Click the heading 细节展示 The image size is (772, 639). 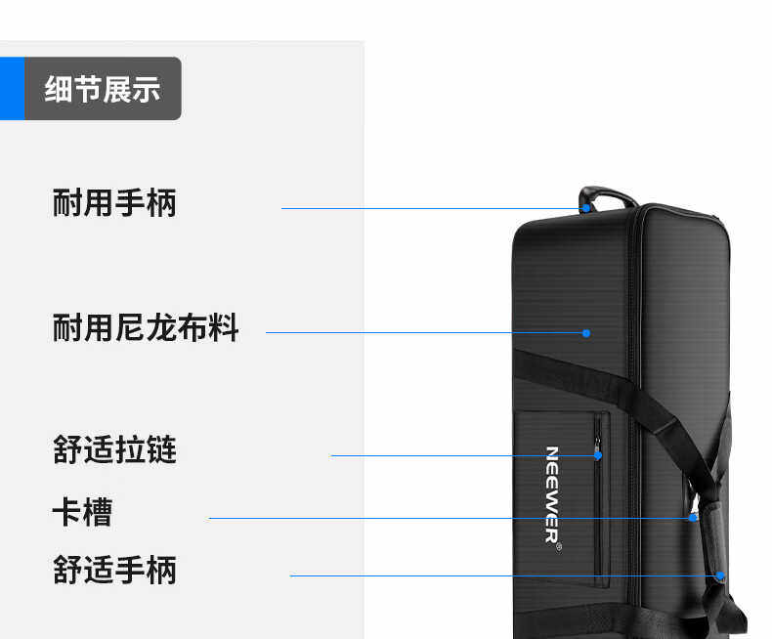point(103,89)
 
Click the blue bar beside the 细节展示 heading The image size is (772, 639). point(12,89)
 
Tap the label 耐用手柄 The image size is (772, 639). point(114,203)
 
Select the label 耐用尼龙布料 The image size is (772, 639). point(146,327)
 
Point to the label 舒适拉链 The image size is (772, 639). point(114,450)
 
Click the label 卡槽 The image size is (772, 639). point(82,512)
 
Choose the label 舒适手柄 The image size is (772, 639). point(114,570)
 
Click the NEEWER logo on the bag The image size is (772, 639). point(552,493)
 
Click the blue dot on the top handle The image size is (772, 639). point(586,208)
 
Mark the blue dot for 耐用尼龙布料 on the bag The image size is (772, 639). point(586,333)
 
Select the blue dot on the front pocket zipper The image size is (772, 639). point(597,455)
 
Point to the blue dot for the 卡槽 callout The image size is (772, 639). point(693,518)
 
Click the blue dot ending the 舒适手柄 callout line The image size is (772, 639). point(720,575)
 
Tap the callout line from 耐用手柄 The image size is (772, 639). point(430,208)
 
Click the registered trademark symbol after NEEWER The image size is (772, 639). point(558,548)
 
